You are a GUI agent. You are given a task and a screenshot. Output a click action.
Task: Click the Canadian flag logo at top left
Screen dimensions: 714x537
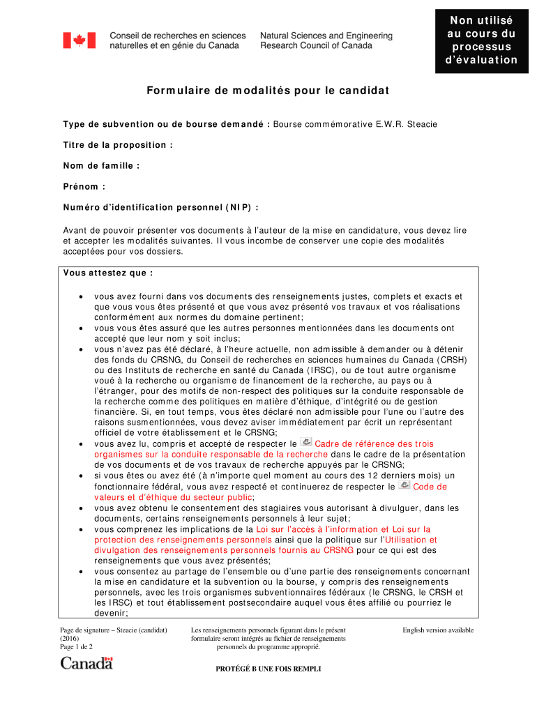point(79,40)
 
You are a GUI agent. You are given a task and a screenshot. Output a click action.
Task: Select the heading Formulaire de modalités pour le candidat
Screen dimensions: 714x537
point(268,91)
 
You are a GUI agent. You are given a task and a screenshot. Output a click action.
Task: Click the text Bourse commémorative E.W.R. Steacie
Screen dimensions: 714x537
point(355,124)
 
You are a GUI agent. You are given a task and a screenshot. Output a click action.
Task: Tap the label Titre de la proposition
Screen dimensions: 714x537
point(117,145)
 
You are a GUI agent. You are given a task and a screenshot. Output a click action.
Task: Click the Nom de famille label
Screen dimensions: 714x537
point(101,166)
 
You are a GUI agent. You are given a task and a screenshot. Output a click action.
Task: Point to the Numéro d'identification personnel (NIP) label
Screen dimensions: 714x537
point(160,207)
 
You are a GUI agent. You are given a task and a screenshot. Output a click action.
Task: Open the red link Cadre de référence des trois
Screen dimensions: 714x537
point(374,444)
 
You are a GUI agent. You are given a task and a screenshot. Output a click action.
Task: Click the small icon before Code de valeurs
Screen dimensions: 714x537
point(404,485)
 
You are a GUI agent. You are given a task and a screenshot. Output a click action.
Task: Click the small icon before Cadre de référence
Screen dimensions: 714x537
point(305,443)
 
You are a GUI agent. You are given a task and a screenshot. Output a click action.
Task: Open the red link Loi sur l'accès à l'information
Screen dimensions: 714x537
point(343,529)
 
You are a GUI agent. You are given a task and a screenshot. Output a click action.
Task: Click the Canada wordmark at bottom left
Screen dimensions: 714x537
point(86,663)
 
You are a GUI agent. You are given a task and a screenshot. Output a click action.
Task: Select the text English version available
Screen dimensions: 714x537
point(438,630)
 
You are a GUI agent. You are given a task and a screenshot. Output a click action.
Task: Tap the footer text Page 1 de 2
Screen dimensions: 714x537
point(77,647)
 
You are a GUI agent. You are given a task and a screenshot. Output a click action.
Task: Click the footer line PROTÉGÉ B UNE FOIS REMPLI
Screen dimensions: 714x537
point(269,669)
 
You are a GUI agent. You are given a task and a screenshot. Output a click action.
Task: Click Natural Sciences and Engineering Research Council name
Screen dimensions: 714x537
point(326,40)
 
